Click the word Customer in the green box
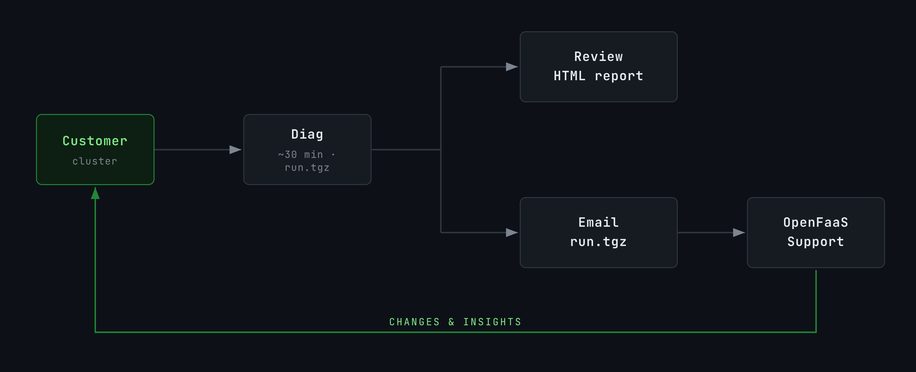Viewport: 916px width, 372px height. click(x=95, y=141)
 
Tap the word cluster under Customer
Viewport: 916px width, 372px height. click(x=95, y=161)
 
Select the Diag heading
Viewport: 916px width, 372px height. click(x=307, y=134)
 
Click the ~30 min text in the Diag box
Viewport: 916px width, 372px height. click(x=300, y=154)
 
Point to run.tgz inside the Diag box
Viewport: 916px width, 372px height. click(x=307, y=167)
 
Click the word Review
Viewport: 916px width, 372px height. click(x=598, y=57)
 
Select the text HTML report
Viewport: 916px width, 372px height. click(x=598, y=76)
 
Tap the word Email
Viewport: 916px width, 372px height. click(x=598, y=222)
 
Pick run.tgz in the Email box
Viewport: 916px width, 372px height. click(x=598, y=242)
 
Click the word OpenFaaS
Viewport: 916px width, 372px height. click(x=816, y=222)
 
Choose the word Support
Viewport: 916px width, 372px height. click(x=816, y=242)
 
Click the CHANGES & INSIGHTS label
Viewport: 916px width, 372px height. click(x=455, y=322)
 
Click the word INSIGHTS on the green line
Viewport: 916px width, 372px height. click(x=492, y=322)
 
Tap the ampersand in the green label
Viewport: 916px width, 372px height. click(x=452, y=322)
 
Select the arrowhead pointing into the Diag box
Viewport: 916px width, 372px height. click(x=235, y=150)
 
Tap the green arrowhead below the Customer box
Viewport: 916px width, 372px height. click(x=95, y=194)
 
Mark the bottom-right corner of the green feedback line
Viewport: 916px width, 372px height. click(x=816, y=332)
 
